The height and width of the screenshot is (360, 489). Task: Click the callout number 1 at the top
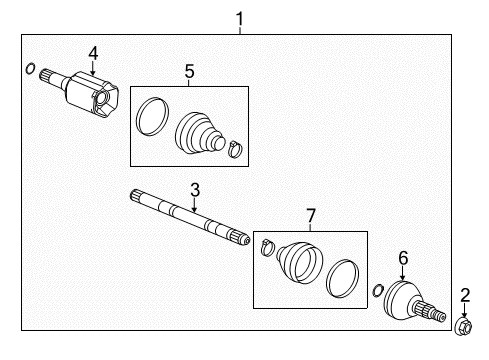239,17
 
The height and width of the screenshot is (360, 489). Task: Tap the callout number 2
464,294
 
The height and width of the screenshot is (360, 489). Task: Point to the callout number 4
92,53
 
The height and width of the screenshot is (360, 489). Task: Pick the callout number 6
402,258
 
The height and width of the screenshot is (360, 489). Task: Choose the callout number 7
311,216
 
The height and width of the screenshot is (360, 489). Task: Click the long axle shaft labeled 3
190,218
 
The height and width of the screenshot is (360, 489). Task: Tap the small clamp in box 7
264,246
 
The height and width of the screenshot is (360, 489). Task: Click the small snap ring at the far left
30,69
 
